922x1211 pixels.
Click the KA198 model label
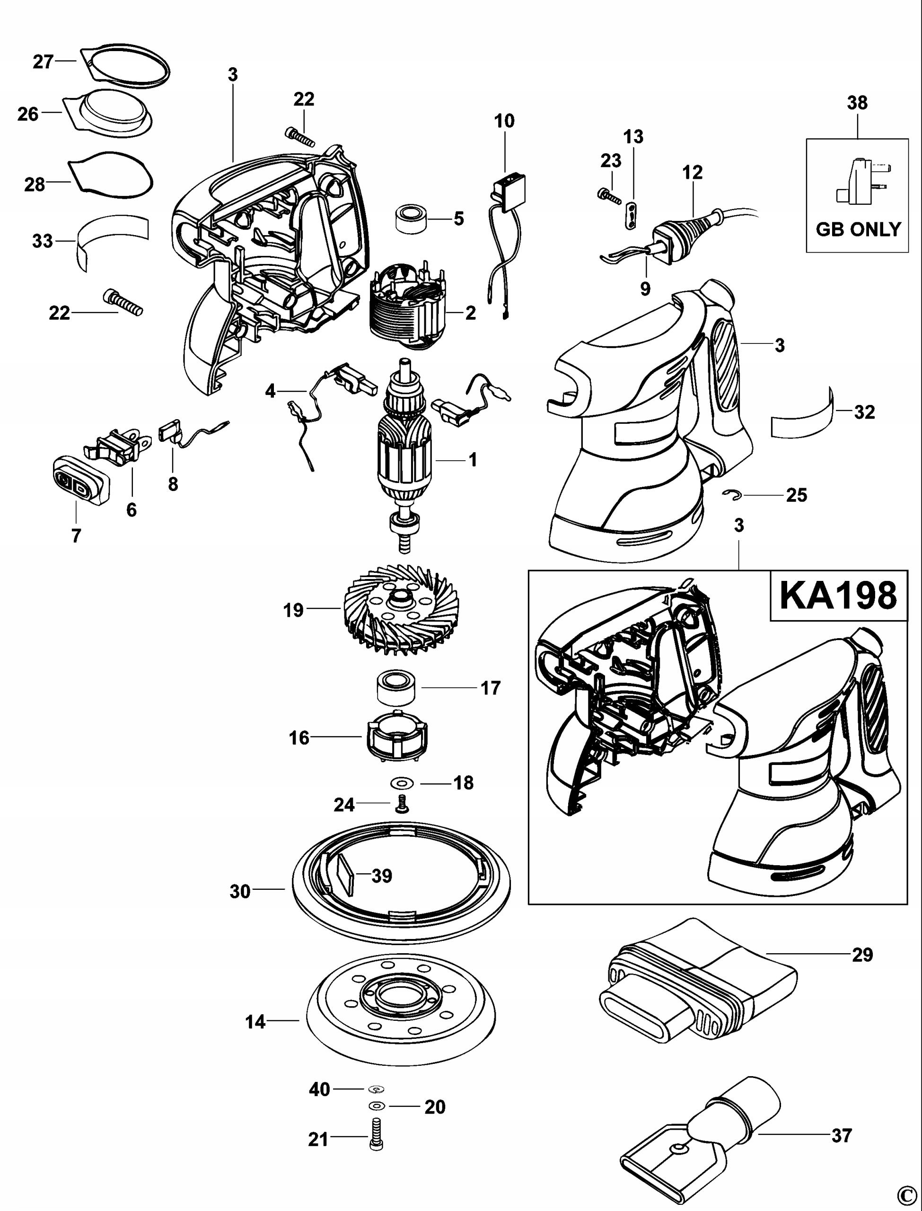point(838,596)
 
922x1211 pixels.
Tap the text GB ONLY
point(858,229)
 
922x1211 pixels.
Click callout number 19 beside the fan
point(293,610)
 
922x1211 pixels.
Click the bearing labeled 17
point(395,689)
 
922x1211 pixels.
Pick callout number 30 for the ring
point(240,892)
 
